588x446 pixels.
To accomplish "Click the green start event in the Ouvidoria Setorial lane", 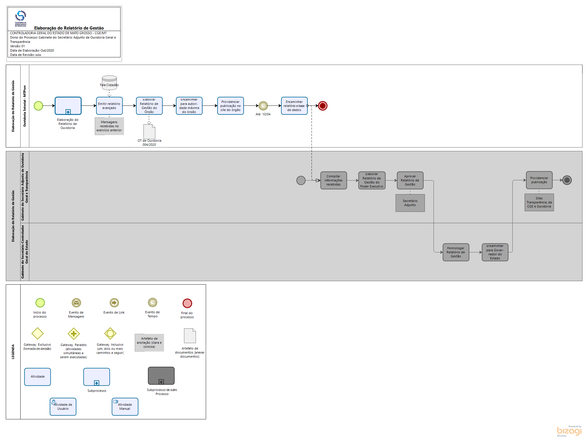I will [x=39, y=106].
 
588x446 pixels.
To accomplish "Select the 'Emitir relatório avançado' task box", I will [x=109, y=106].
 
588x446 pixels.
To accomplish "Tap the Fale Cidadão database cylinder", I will [x=109, y=82].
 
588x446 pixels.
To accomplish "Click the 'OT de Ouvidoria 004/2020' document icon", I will [x=149, y=132].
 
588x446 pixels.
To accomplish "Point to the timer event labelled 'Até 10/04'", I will [x=263, y=106].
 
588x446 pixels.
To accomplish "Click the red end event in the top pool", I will [x=323, y=106].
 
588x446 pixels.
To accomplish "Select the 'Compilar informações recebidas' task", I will [x=334, y=180].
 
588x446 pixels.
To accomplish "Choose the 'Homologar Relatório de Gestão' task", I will [x=456, y=252].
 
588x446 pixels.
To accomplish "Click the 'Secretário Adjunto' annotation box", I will [x=410, y=203].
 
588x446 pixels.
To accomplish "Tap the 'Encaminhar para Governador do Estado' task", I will [x=495, y=252].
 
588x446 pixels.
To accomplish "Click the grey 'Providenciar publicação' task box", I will [x=539, y=180].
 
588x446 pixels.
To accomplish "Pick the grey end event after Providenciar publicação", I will [x=567, y=180].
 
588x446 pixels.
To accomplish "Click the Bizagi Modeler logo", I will [x=569, y=431].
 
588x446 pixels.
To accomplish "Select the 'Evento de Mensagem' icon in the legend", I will [x=76, y=303].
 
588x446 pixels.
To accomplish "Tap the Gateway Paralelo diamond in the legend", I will [x=74, y=334].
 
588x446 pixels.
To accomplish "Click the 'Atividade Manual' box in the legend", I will [x=125, y=407].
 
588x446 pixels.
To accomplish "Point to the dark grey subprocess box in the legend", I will [x=161, y=376].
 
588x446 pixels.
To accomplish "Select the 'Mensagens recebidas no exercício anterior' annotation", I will [x=109, y=126].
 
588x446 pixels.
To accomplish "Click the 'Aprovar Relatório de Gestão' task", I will [x=410, y=180].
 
